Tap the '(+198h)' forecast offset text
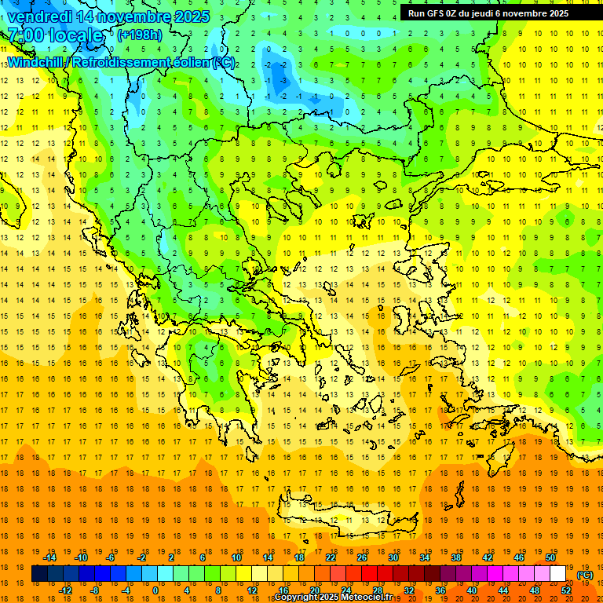(x=140, y=35)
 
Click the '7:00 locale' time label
(x=55, y=35)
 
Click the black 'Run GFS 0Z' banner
(x=495, y=13)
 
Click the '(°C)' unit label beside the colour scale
(x=585, y=575)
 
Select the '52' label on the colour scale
(x=567, y=590)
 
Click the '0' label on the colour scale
(x=155, y=590)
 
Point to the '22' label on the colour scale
(x=331, y=557)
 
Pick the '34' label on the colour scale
(x=425, y=557)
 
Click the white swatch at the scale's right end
(x=558, y=574)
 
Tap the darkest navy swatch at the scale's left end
(x=39, y=574)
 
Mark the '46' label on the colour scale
(x=519, y=557)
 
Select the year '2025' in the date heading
(x=192, y=16)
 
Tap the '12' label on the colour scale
(x=252, y=590)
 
